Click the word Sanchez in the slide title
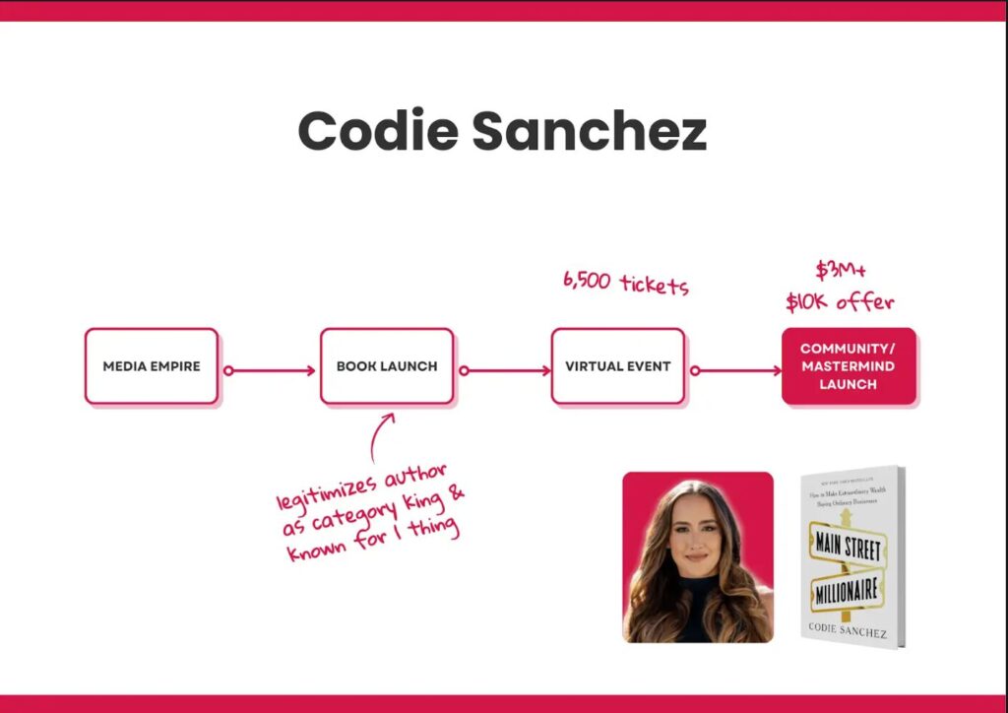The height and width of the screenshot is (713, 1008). click(x=589, y=132)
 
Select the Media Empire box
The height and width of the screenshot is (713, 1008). click(x=152, y=366)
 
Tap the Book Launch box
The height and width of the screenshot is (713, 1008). click(x=387, y=366)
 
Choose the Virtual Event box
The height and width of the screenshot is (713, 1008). click(x=617, y=366)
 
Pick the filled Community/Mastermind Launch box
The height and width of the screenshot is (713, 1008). click(x=848, y=366)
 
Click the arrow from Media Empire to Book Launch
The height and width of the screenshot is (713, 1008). click(x=270, y=371)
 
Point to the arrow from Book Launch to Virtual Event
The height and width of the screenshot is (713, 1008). click(x=504, y=371)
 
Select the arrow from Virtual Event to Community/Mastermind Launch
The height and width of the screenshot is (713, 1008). click(x=735, y=371)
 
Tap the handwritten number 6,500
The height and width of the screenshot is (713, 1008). click(x=587, y=280)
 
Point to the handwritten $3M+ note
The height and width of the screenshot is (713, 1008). click(x=840, y=271)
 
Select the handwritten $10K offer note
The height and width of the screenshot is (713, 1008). click(x=840, y=301)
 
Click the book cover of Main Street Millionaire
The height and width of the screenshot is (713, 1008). click(x=851, y=556)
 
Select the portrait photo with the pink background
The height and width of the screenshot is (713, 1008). click(x=697, y=556)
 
